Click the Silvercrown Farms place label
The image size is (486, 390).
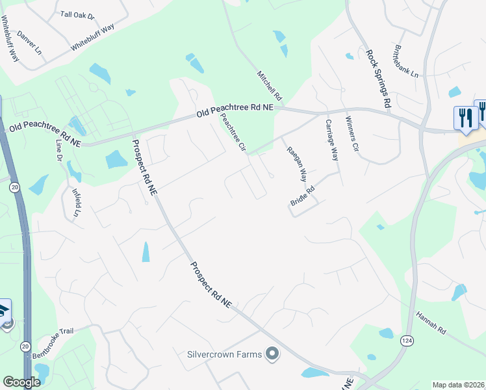[224, 354]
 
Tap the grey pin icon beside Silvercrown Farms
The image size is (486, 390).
[272, 354]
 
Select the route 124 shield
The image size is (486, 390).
[407, 341]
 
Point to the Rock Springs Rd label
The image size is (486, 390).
[378, 79]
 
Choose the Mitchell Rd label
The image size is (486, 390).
[270, 85]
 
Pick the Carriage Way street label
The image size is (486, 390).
[332, 140]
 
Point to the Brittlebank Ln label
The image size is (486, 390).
[406, 61]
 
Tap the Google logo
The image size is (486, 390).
[21, 382]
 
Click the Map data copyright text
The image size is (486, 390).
[458, 385]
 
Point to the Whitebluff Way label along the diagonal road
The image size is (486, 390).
[92, 38]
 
